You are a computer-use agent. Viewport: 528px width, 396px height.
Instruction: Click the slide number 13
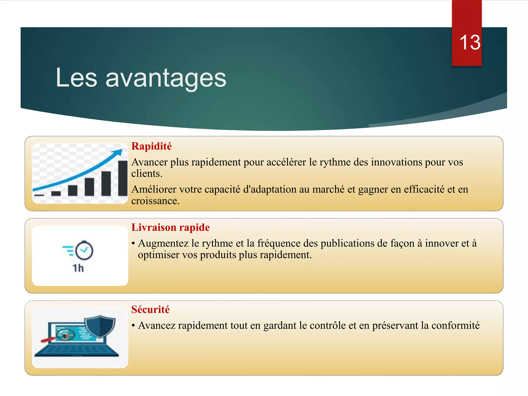tap(470, 43)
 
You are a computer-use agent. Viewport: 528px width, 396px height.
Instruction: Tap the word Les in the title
tap(76, 78)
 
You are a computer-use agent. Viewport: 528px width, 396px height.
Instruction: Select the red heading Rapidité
tap(151, 146)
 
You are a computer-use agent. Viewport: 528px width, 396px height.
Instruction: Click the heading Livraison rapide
tap(170, 227)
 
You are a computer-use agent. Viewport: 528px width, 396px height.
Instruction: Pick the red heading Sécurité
tap(150, 309)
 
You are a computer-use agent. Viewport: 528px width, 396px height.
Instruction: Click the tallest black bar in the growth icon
tap(123, 178)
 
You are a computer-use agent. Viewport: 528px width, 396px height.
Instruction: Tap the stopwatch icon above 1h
tap(84, 250)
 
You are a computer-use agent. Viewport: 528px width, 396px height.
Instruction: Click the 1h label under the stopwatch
tap(78, 268)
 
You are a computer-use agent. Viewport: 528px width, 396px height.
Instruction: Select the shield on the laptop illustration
tap(100, 326)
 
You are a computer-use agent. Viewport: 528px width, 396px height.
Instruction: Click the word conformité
tap(455, 325)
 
